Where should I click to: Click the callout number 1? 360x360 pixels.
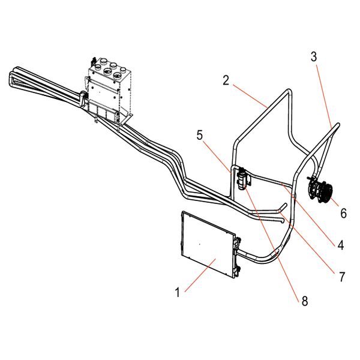point(177,293)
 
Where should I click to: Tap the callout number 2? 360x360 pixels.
point(226,80)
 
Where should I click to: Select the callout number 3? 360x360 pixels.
point(314,57)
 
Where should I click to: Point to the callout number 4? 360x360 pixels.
point(341,245)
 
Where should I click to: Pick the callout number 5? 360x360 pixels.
point(200,135)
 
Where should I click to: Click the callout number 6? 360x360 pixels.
point(343,213)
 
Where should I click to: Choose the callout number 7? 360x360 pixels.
point(342,277)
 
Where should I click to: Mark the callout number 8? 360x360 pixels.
point(305,301)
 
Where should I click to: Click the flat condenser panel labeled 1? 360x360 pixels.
point(208,244)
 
